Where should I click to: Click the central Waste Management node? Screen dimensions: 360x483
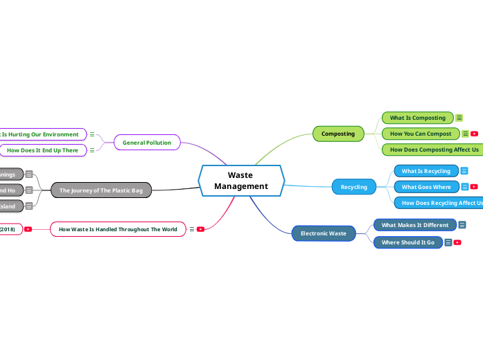(241, 181)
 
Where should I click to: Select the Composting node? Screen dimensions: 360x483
(337, 134)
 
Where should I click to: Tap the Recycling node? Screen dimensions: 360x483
(353, 187)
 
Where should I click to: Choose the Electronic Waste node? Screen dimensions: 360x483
(323, 233)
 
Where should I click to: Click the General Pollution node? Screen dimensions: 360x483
(146, 143)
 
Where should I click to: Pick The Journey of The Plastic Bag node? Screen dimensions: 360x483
(100, 190)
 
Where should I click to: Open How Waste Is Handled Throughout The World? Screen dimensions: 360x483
(118, 229)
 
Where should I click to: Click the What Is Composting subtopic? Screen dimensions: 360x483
(417, 118)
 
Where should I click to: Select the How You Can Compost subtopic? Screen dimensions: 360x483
(420, 134)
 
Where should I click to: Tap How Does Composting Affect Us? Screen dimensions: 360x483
(433, 150)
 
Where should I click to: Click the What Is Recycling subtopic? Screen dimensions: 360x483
(425, 171)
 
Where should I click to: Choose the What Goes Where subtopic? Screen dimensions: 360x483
(425, 187)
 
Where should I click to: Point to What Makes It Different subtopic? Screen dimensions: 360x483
(414, 225)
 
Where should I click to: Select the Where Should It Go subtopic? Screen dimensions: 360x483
(407, 242)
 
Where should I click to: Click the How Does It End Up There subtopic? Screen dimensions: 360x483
(42, 150)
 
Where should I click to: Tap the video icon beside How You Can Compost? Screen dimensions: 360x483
(475, 134)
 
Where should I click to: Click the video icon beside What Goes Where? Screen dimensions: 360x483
(474, 187)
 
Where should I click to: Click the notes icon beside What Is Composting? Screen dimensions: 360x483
(459, 118)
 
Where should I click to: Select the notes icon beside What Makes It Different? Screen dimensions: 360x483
(462, 225)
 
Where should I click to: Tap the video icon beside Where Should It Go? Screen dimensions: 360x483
(457, 242)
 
